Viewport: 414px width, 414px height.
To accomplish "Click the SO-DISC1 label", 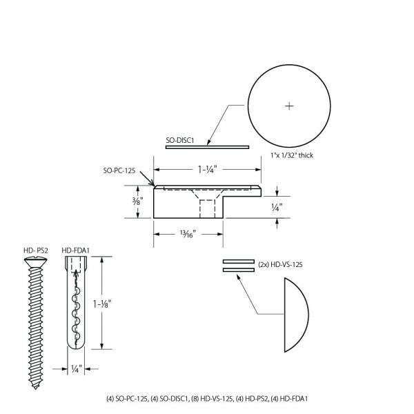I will (180, 141).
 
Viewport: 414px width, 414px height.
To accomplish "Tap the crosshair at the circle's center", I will (289, 106).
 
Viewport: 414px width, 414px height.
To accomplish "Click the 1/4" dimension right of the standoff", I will (276, 205).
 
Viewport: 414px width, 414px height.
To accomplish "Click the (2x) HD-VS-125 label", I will (279, 264).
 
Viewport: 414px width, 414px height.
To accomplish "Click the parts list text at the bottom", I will (206, 399).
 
